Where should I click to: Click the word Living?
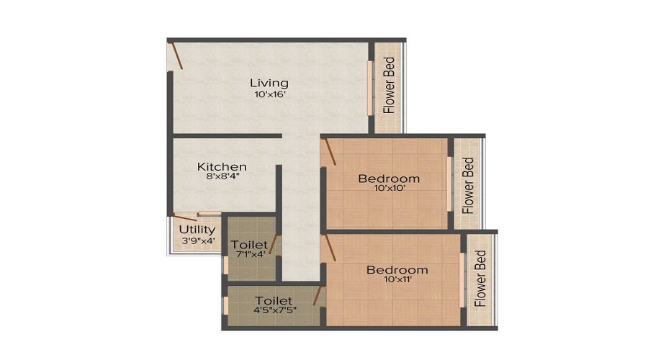coord(269,83)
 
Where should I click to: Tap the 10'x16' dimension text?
coord(270,94)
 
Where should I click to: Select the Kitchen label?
coord(222,166)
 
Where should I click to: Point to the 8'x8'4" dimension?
coord(223,176)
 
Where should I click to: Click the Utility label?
coord(197,230)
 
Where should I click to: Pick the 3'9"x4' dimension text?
coord(199,240)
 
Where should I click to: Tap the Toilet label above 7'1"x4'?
coord(249,245)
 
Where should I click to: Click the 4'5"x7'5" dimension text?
coord(275,310)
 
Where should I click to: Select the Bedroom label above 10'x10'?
coord(389,179)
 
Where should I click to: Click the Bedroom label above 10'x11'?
coord(397,270)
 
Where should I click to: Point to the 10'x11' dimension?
coord(398,279)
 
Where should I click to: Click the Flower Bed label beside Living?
coord(389,86)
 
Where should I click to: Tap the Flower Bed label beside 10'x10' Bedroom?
coord(468,185)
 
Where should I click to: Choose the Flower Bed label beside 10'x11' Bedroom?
coord(480,278)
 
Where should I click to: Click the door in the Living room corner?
coord(177,55)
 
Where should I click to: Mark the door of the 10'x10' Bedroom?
coord(330,152)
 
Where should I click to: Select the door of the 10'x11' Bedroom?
coord(330,248)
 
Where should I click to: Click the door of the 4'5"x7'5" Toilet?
coord(318,295)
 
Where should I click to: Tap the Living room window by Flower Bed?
coord(370,88)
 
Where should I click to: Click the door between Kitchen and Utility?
coord(185,217)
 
